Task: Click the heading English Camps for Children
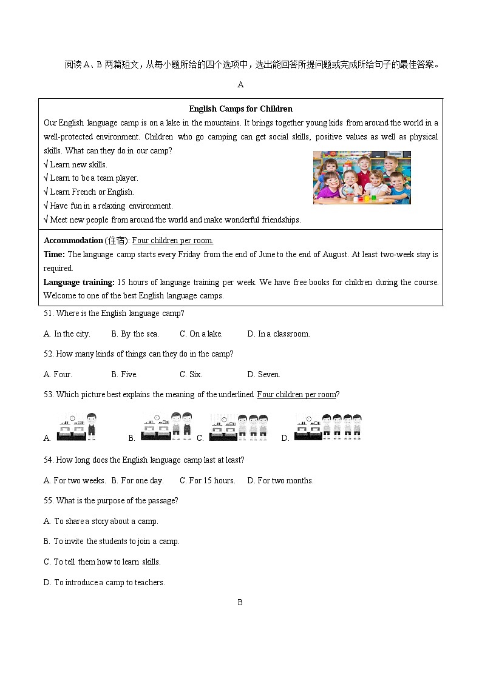click(240, 109)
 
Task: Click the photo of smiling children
click(362, 177)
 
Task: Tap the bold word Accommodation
click(73, 241)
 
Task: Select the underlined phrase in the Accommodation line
click(172, 241)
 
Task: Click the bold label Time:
click(54, 255)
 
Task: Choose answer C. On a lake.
click(201, 334)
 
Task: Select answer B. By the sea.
click(135, 334)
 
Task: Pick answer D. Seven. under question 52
click(263, 374)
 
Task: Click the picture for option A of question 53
click(76, 426)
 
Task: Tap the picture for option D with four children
click(328, 426)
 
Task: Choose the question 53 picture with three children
click(239, 426)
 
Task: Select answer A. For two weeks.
click(75, 480)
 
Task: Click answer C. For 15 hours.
click(207, 480)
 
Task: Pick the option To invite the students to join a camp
click(112, 542)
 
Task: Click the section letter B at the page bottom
click(240, 602)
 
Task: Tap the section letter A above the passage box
click(240, 85)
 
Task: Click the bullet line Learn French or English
click(89, 192)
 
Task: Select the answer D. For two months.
click(280, 480)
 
